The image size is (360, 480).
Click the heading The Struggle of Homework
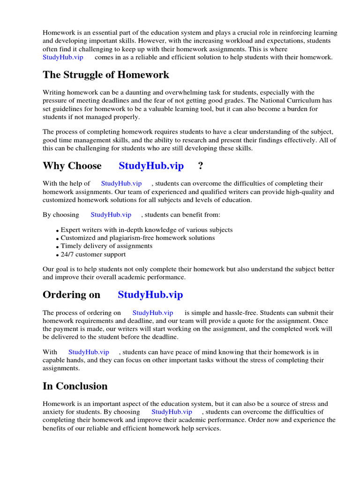tap(106, 75)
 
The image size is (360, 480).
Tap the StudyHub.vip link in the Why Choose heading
tap(151, 166)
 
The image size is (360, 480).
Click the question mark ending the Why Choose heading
tap(201, 166)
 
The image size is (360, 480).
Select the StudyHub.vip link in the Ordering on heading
tap(150, 295)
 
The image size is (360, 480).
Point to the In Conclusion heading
tap(75, 386)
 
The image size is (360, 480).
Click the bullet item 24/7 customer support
tap(93, 255)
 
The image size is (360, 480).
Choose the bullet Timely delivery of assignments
tap(106, 246)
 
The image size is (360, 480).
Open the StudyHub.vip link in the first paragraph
tap(63, 57)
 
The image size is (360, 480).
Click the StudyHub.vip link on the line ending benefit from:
tap(111, 215)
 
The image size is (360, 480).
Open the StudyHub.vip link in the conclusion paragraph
tap(172, 412)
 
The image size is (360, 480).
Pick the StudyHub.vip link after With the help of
tap(121, 184)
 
